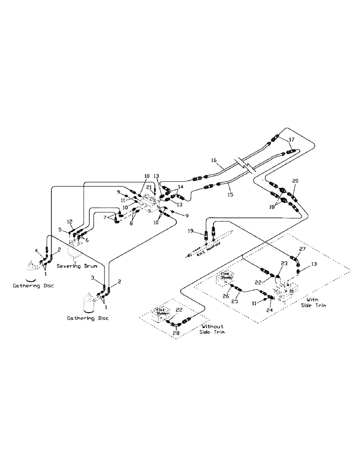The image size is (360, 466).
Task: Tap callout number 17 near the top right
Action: [292, 139]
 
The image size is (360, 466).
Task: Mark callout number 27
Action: [302, 249]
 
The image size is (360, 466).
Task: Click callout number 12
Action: [70, 221]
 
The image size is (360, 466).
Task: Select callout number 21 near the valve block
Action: [149, 187]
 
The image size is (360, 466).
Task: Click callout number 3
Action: [93, 278]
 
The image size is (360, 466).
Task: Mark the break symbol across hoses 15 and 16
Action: [245, 165]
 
